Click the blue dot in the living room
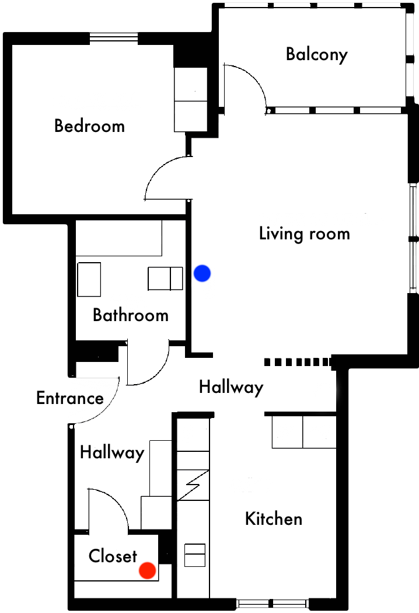coord(202,273)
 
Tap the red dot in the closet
coord(148,570)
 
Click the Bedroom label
coord(89,126)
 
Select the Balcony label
coord(317,54)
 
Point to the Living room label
coord(305,234)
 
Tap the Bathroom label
coord(131,315)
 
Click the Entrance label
coord(70,398)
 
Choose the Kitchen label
coord(274,519)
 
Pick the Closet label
coord(113,556)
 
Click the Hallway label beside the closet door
coord(112,452)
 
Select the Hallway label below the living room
coord(231,388)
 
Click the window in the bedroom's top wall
coord(114,38)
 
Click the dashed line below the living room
coord(298,362)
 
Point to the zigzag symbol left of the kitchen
coord(193,485)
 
